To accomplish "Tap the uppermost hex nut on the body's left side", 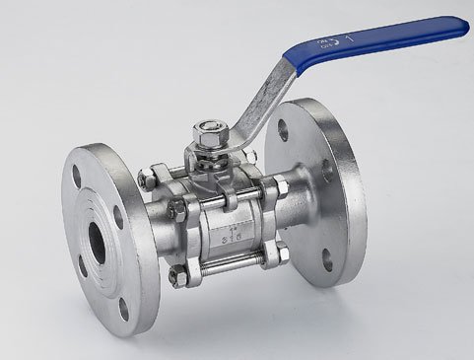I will click(x=148, y=179).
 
